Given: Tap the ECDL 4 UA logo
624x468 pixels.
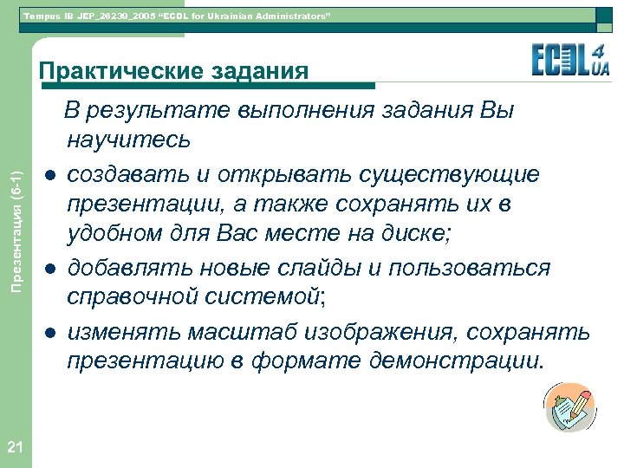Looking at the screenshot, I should click(570, 62).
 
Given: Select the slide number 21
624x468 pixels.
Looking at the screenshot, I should click(14, 447).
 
